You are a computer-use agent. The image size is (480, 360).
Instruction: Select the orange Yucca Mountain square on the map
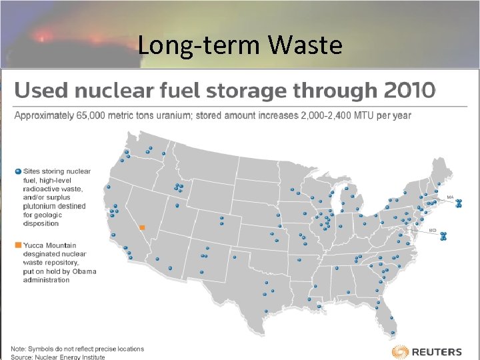click(142, 227)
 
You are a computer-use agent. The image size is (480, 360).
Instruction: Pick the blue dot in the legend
click(18, 171)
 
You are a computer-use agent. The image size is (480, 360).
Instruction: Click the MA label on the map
click(450, 197)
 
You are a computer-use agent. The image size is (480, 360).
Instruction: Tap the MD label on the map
click(433, 230)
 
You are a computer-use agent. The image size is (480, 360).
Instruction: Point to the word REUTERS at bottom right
click(437, 352)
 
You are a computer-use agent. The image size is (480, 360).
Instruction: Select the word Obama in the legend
click(85, 271)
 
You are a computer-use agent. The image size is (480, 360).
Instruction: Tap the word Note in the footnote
click(18, 349)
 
